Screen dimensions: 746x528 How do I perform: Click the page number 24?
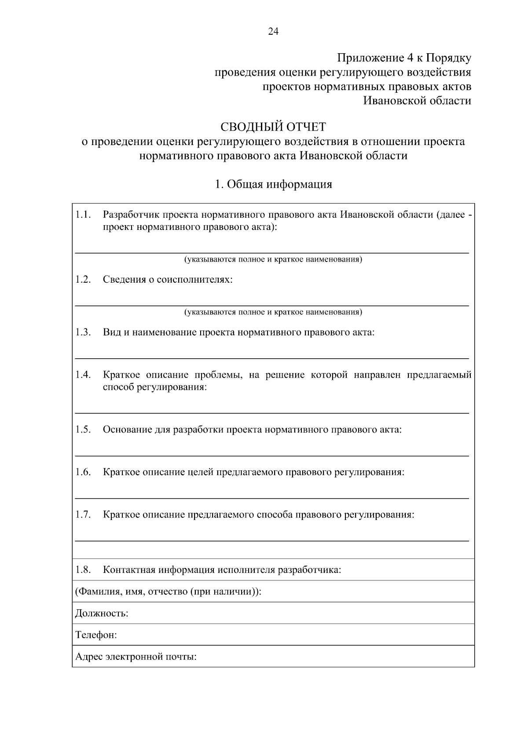[273, 31]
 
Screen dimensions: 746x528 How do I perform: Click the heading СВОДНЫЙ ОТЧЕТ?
[273, 127]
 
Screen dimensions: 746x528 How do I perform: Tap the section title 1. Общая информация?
[273, 184]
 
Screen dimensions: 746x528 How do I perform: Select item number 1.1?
[83, 215]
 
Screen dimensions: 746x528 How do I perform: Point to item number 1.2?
[83, 280]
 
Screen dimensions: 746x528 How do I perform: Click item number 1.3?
[83, 332]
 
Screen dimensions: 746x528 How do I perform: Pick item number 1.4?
[83, 375]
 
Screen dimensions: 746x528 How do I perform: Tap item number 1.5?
[83, 429]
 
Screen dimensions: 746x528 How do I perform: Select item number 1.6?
[83, 472]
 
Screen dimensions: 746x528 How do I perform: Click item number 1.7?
[83, 514]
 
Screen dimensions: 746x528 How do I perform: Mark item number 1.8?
[83, 570]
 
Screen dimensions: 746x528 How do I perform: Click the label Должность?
[102, 613]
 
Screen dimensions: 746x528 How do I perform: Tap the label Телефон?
[96, 635]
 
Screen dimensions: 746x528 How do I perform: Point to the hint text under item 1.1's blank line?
[273, 259]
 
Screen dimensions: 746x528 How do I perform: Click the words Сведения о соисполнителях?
[168, 280]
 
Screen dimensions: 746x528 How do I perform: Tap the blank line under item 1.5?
[272, 456]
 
